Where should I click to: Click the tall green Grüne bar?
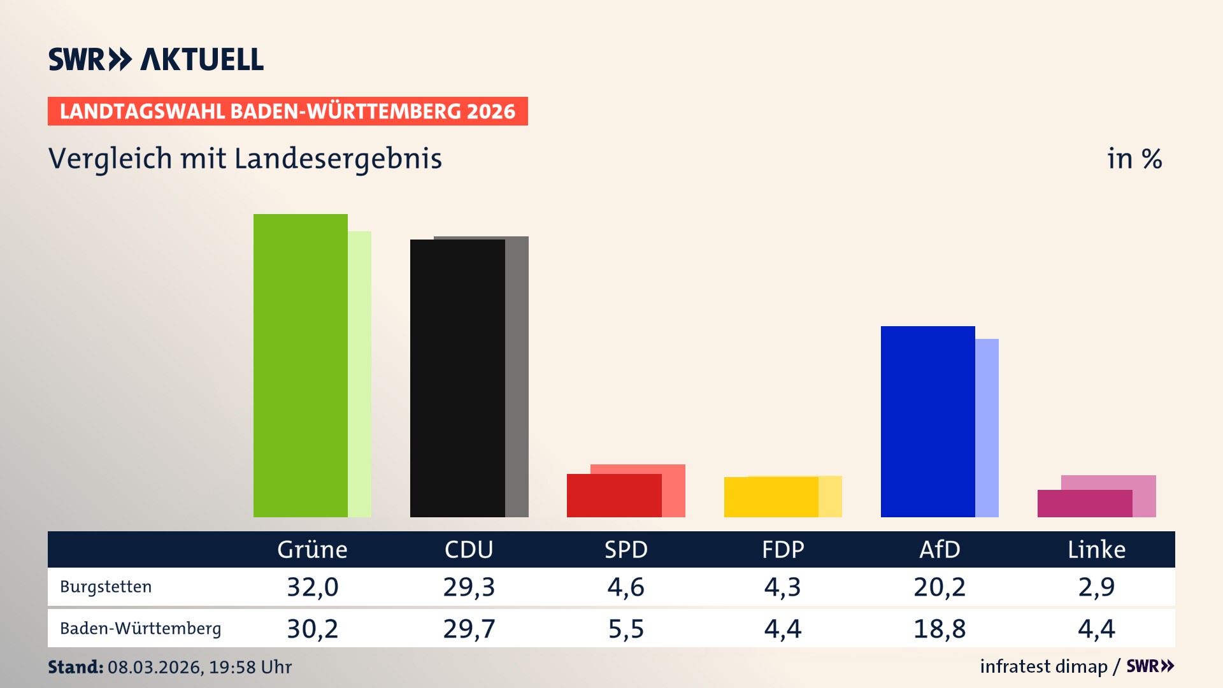(301, 366)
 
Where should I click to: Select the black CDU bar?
(457, 378)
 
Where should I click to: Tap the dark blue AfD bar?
(927, 422)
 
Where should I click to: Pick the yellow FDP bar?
(771, 498)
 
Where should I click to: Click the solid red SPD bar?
(614, 496)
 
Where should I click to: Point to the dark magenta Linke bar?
(1084, 504)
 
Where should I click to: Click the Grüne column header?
(312, 550)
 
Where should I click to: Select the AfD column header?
(940, 550)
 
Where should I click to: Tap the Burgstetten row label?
(106, 587)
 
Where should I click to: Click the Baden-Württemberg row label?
(140, 629)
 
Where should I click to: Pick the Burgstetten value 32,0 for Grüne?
(312, 587)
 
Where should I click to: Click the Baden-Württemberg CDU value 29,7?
(469, 629)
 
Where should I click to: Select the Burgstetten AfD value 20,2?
(940, 587)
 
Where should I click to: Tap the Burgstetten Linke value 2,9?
(1096, 587)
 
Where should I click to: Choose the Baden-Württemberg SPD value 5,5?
(626, 629)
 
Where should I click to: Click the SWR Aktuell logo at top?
(155, 59)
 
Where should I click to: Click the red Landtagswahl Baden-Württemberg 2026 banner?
(287, 111)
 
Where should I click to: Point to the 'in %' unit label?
(1134, 159)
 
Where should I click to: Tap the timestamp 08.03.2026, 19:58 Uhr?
(199, 667)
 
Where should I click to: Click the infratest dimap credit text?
(1043, 666)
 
